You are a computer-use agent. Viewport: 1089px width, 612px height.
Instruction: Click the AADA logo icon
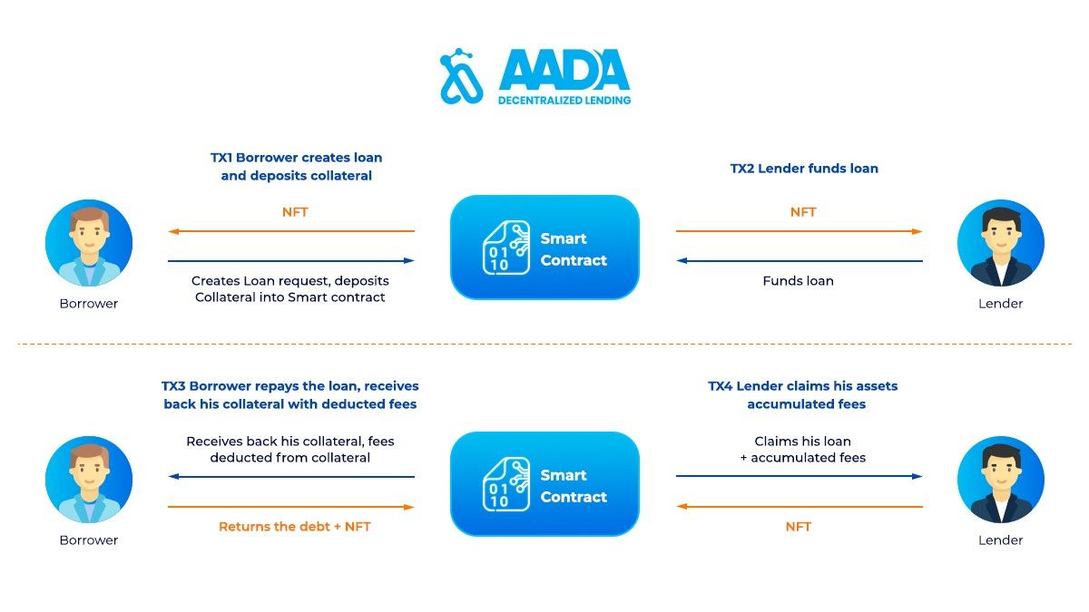461,76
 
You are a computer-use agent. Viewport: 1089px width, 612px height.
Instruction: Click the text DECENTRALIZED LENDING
564,101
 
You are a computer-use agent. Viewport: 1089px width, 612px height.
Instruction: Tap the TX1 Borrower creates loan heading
296,167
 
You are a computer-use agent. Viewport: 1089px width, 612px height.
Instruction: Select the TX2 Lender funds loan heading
804,169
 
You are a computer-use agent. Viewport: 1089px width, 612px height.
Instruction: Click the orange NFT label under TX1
295,212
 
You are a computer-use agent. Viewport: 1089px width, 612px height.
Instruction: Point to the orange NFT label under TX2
803,212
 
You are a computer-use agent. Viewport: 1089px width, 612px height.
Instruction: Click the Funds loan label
799,281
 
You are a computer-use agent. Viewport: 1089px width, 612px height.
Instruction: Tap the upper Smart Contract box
544,248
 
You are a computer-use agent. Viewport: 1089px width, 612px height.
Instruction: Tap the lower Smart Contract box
544,484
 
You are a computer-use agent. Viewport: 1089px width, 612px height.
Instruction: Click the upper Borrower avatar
89,243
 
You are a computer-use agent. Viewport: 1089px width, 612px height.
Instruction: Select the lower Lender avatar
1000,480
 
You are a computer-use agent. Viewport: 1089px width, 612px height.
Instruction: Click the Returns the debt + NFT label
295,527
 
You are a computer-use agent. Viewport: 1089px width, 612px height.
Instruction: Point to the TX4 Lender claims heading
803,395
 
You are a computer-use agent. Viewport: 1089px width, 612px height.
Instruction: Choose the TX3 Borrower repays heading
290,395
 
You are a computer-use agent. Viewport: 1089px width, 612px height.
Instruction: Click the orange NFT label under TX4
799,527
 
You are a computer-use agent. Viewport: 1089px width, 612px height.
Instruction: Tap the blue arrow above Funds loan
800,261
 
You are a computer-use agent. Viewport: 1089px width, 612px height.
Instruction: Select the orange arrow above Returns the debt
290,507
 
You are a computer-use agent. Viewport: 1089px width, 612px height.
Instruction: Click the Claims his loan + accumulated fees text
802,450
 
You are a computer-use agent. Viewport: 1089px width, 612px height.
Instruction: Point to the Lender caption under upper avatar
1000,304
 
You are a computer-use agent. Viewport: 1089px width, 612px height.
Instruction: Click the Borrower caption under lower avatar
89,540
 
